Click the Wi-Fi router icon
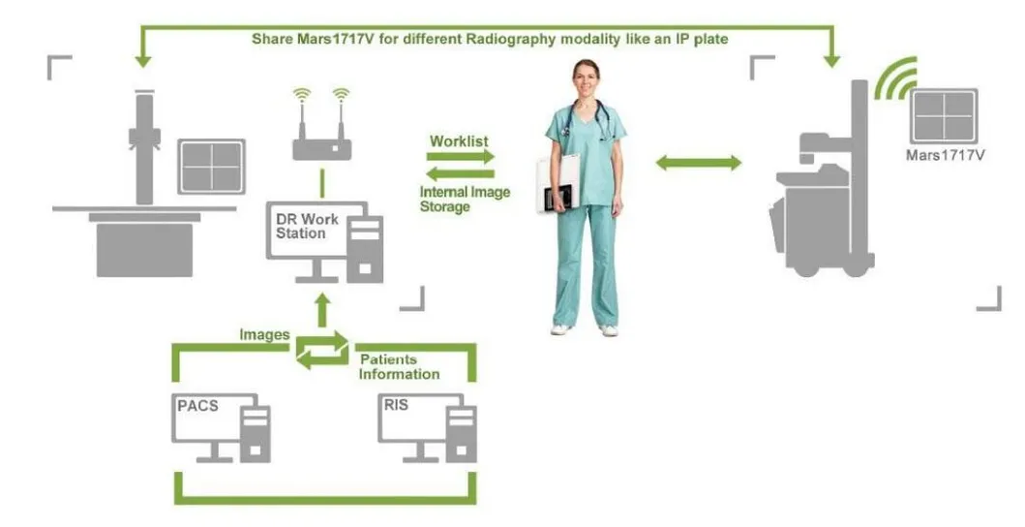tap(321, 146)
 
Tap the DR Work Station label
tap(307, 226)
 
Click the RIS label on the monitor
tap(396, 406)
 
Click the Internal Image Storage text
tap(465, 199)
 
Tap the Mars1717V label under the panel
tap(945, 155)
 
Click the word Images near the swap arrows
tap(264, 334)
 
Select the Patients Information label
tap(399, 366)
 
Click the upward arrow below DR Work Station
tap(321, 308)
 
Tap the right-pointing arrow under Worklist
tap(462, 156)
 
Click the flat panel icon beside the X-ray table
tap(211, 167)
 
